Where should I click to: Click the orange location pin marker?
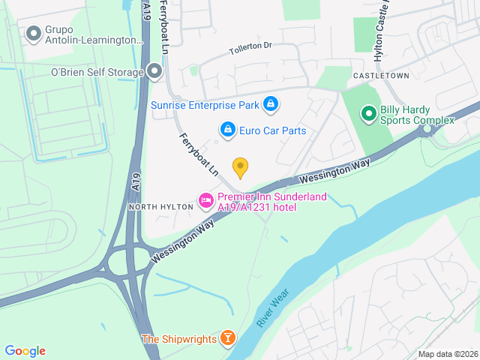[x=240, y=167]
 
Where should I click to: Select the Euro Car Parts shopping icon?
[x=227, y=130]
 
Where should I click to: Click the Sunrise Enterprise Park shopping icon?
[x=271, y=105]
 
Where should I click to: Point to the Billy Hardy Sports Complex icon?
[x=368, y=114]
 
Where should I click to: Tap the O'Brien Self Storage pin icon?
[x=154, y=72]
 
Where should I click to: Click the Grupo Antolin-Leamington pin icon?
[x=33, y=34]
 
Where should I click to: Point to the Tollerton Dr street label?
[x=250, y=49]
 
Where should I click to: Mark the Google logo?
[x=25, y=351]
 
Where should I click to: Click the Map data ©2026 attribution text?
[x=447, y=354]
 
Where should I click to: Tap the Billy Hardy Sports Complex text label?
[x=418, y=114]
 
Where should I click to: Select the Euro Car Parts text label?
[x=273, y=130]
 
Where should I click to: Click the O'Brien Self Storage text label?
[x=97, y=72]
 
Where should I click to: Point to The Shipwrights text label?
[x=178, y=339]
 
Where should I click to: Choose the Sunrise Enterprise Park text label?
[x=204, y=105]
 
